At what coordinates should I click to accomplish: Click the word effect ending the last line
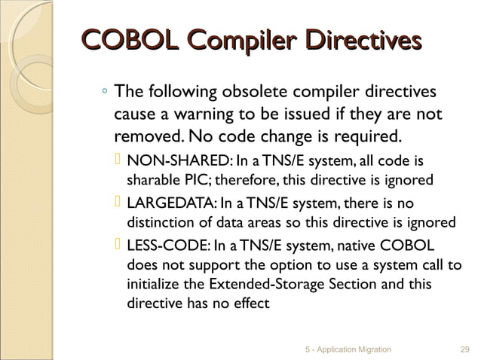pyautogui.click(x=248, y=305)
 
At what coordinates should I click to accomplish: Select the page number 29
pyautogui.click(x=464, y=349)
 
